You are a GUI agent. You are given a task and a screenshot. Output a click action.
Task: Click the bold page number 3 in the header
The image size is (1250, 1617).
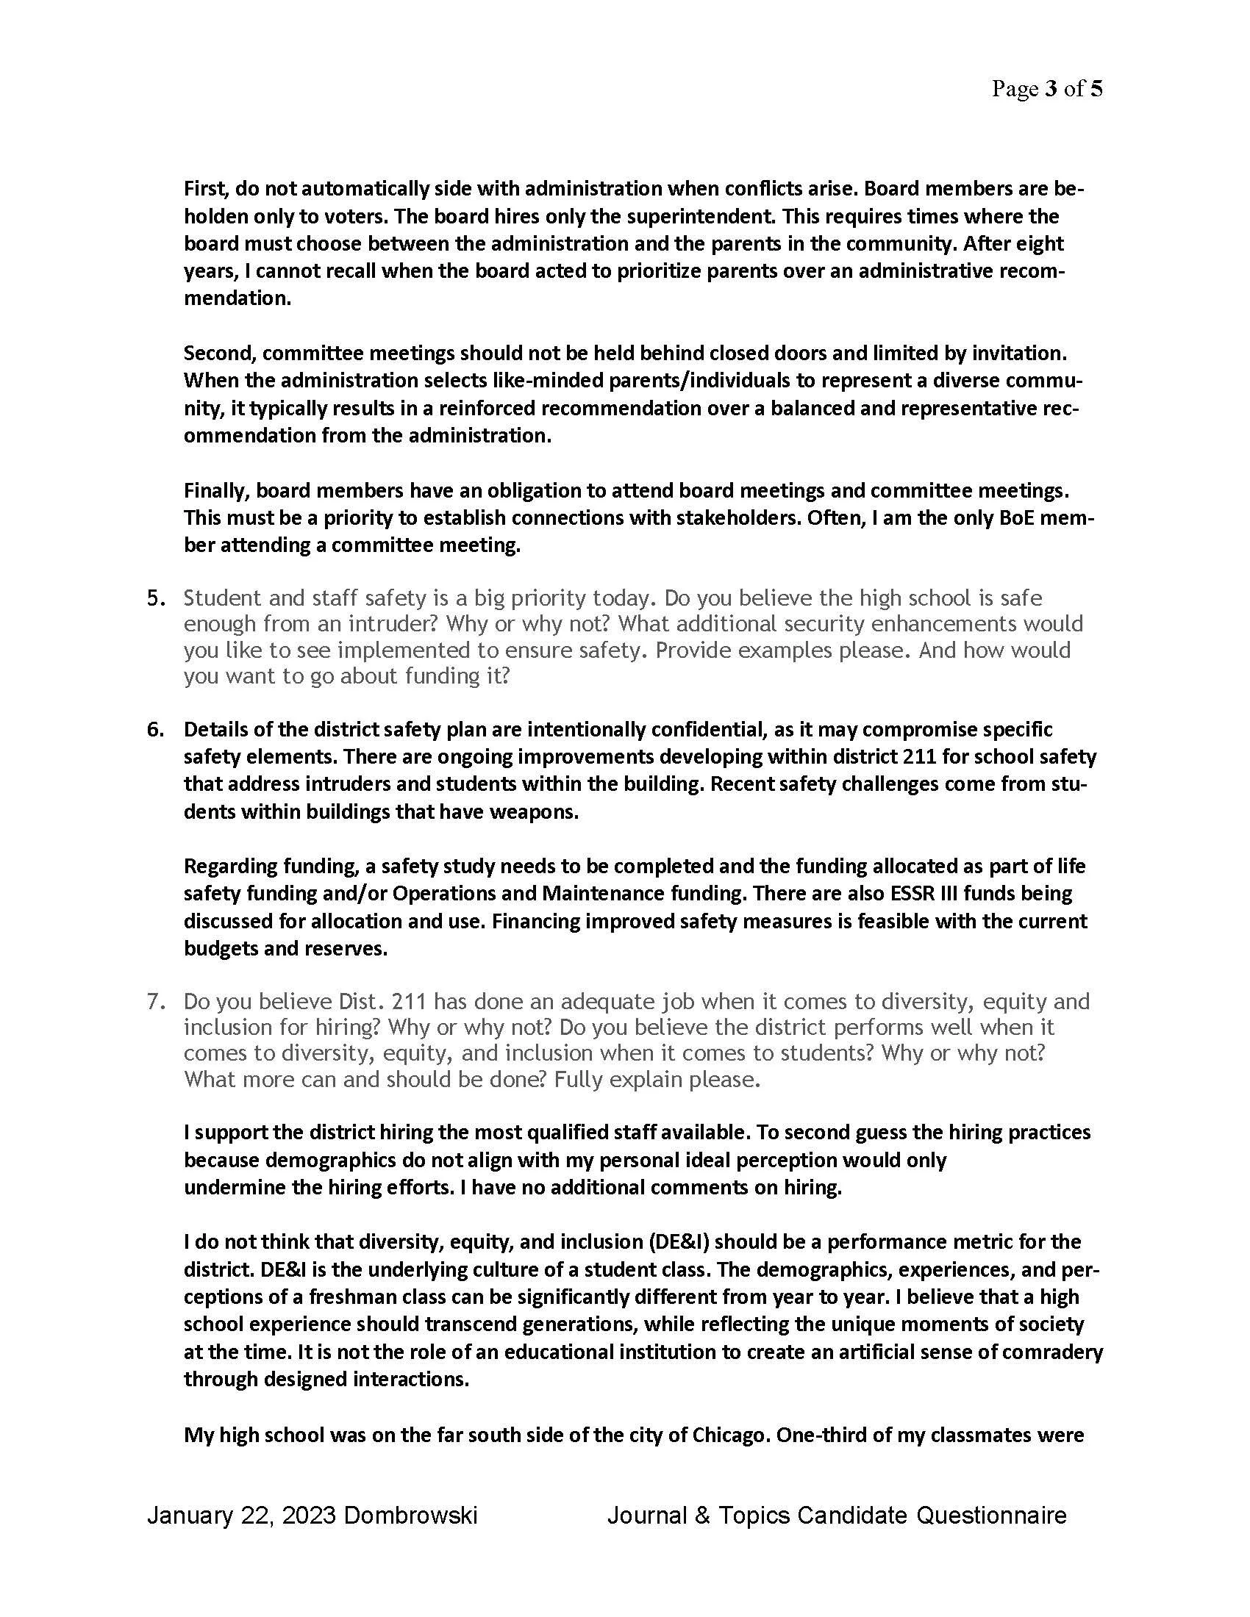point(1051,90)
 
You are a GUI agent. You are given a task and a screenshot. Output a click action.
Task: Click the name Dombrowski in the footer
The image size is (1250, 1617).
point(410,1515)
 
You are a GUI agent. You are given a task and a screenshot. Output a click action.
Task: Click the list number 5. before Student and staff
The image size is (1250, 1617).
point(156,598)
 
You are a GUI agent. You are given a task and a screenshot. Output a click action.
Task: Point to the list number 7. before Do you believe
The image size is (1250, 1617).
point(155,1002)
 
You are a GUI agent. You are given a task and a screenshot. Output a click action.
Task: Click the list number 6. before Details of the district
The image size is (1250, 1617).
point(156,729)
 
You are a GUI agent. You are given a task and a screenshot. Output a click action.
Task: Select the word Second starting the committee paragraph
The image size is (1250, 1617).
point(218,353)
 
